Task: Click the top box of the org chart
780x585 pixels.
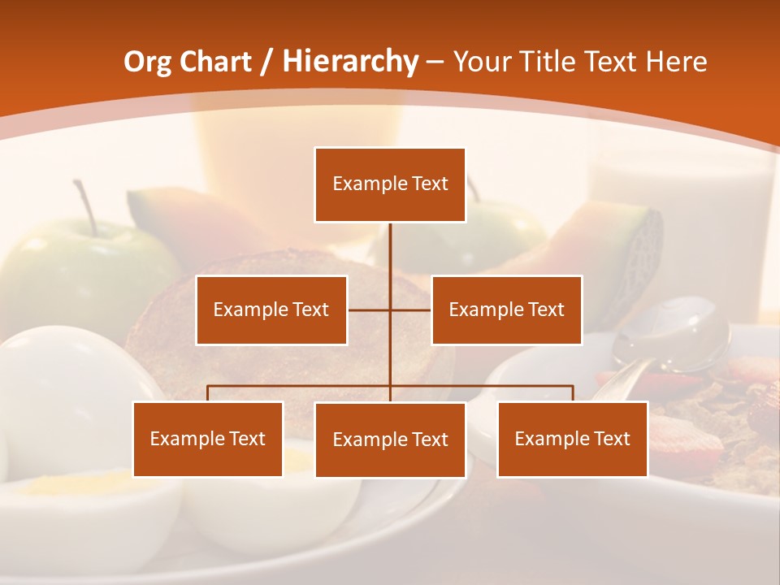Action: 390,184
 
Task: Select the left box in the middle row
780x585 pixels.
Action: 271,310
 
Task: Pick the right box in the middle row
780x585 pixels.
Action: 506,310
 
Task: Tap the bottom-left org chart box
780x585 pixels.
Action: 208,439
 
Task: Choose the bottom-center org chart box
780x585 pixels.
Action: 390,440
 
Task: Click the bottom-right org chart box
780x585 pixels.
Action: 572,439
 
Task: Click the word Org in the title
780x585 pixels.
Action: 147,62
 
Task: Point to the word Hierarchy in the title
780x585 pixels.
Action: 349,62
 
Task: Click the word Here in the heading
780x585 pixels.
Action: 676,62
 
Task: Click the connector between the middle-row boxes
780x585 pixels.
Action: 390,310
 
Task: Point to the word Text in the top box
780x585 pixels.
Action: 430,184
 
